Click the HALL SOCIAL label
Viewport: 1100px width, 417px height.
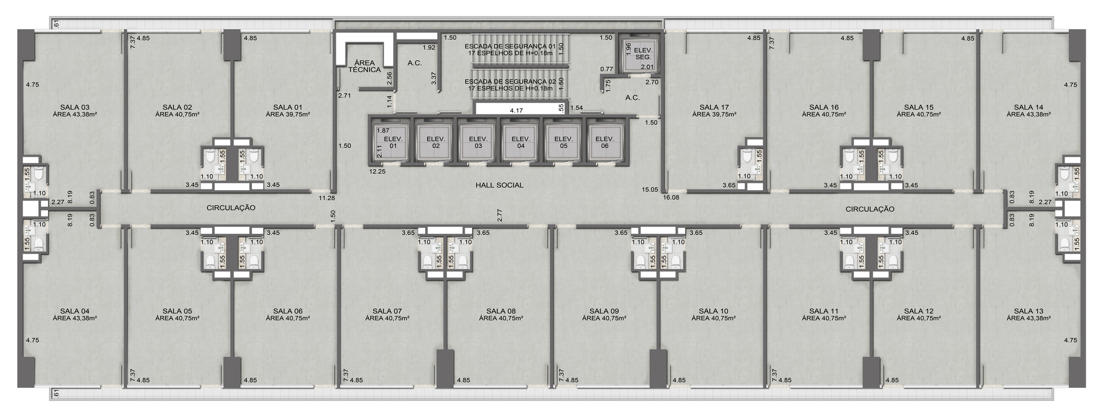[499, 185]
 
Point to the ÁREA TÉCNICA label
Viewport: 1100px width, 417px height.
[364, 66]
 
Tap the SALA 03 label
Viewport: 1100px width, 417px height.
[74, 107]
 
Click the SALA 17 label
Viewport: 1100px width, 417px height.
[714, 107]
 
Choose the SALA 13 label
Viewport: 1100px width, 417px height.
[1028, 311]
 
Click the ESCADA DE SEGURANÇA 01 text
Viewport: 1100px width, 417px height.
[510, 46]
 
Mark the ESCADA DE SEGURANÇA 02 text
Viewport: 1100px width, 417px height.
[510, 81]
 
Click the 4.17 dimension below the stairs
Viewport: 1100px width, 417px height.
[516, 110]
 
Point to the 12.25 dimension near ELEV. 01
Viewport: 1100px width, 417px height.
[377, 171]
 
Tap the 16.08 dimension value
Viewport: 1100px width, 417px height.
[671, 198]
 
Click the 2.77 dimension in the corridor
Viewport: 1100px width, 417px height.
[500, 215]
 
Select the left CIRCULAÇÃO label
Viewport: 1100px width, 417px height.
[231, 208]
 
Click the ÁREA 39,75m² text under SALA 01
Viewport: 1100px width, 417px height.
[288, 115]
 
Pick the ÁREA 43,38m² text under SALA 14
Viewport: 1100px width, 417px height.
[1028, 115]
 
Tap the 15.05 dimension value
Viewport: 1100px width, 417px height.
[650, 189]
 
